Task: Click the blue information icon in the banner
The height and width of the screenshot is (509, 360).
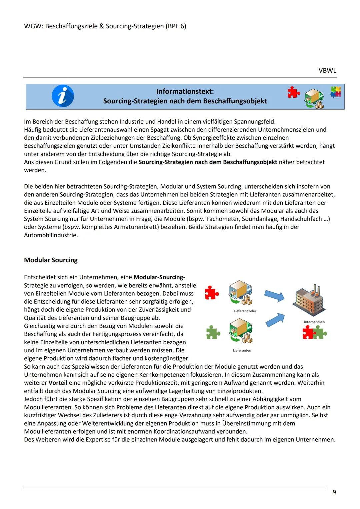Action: click(63, 96)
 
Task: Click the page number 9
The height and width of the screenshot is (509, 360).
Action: click(334, 492)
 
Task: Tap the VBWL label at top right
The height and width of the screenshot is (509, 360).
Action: click(327, 71)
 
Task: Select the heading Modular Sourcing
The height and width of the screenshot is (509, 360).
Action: click(51, 260)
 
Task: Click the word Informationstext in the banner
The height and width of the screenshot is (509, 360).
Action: click(185, 91)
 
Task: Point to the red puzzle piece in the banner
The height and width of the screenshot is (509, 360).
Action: click(293, 92)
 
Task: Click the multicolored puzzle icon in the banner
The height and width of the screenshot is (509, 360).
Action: click(336, 92)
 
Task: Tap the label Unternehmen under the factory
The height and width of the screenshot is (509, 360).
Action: click(313, 322)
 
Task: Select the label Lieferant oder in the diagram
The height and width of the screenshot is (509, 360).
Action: click(245, 311)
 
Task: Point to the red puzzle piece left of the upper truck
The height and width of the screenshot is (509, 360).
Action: click(212, 293)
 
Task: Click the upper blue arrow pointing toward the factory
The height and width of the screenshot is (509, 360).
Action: click(274, 295)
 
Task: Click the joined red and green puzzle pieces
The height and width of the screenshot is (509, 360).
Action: click(314, 333)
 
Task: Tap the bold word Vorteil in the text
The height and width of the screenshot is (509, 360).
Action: click(58, 383)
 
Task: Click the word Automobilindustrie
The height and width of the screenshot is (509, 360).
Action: click(51, 235)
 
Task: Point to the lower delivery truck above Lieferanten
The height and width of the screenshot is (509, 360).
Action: click(241, 330)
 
